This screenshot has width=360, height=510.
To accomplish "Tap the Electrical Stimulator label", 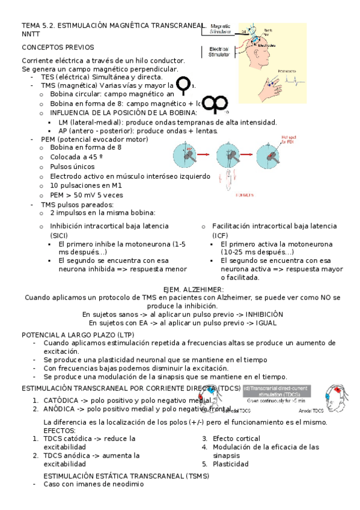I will coord(218,52).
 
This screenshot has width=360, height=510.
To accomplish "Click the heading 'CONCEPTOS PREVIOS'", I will coord(57,46).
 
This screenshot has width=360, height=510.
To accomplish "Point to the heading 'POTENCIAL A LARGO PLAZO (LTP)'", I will coord(78,334).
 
